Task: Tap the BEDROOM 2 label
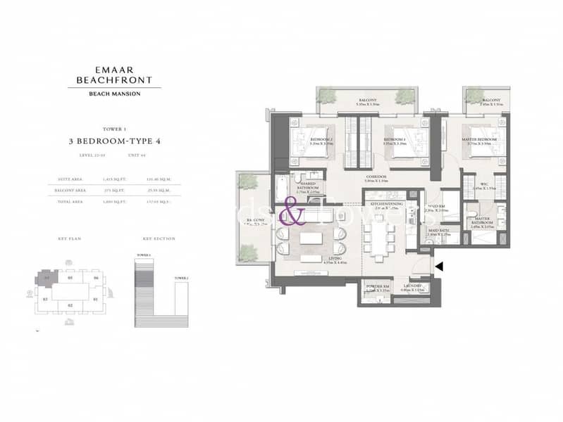point(322,140)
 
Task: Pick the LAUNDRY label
point(412,286)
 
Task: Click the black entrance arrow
point(440,267)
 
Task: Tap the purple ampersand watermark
point(292,211)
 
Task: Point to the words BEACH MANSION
point(118,94)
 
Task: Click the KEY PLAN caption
point(70,239)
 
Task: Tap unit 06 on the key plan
point(95,279)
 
